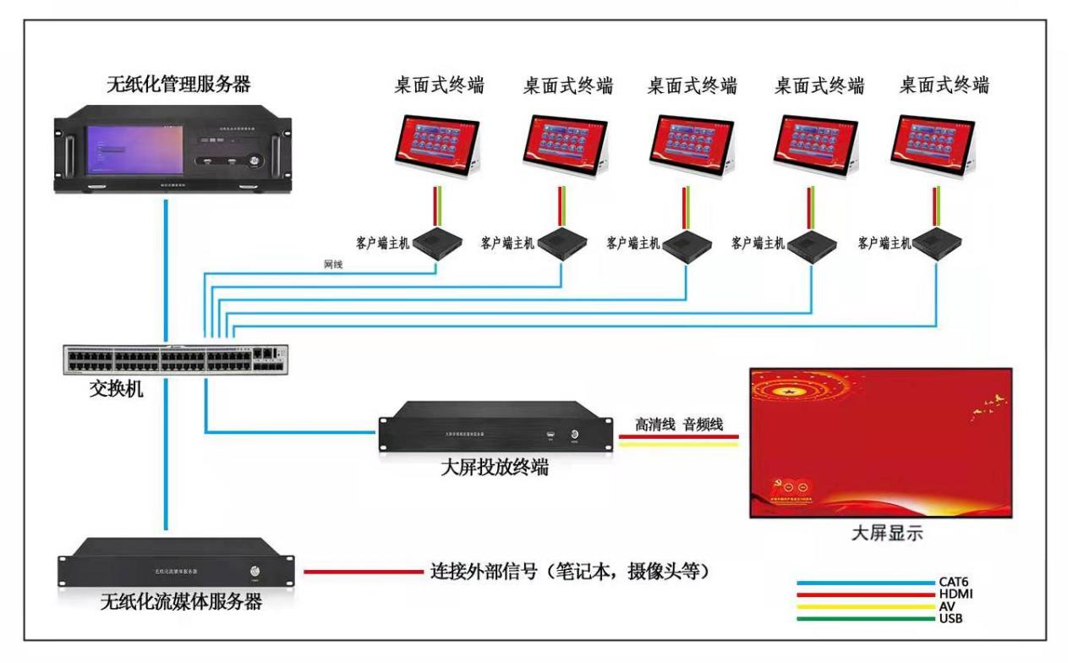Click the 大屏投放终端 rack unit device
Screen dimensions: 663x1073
click(495, 431)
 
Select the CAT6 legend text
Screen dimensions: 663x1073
click(955, 582)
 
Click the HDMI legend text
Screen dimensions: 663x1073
click(955, 595)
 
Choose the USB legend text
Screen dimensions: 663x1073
click(950, 618)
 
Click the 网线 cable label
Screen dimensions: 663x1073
click(333, 265)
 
